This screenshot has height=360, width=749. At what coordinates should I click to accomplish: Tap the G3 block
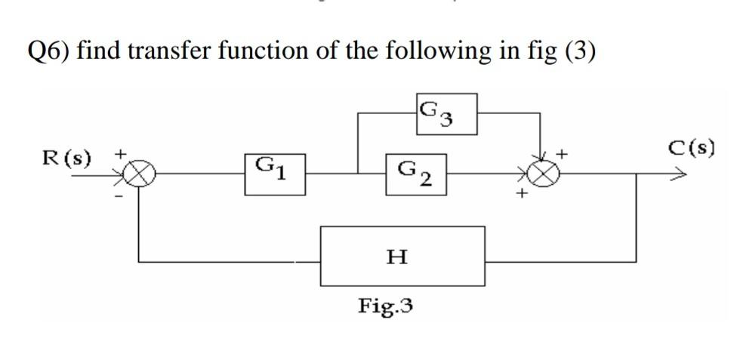445,114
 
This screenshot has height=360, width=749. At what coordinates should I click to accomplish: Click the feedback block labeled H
402,257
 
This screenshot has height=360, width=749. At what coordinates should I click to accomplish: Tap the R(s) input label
66,158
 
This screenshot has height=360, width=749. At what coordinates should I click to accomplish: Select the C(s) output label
691,147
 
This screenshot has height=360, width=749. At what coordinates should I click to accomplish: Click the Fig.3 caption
385,306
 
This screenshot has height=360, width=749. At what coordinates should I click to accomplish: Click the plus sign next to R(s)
118,153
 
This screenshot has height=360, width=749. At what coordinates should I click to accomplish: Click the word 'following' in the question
441,51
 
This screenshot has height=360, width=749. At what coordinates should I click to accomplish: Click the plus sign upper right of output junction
562,154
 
